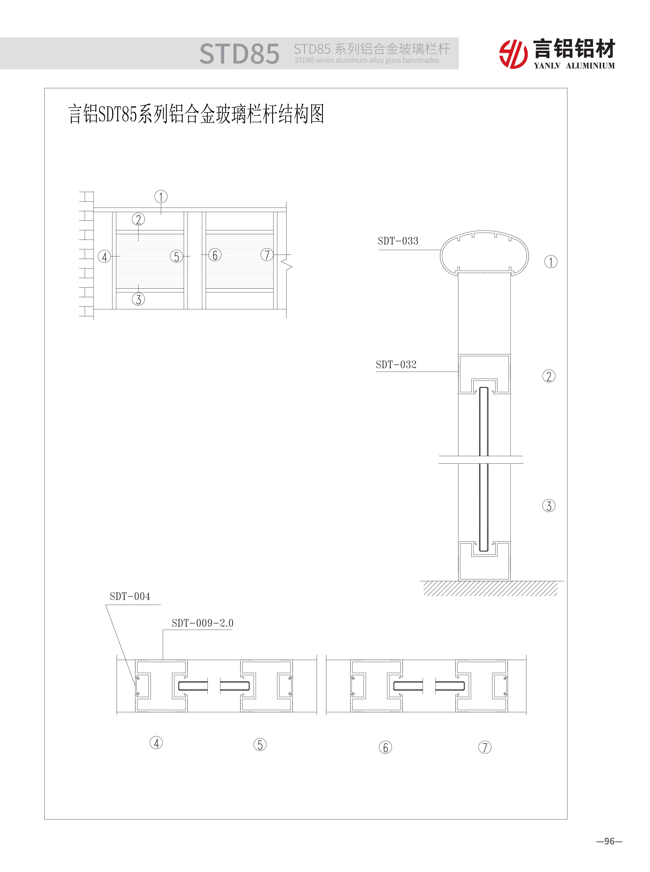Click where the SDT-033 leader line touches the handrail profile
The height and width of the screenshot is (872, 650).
tap(441, 250)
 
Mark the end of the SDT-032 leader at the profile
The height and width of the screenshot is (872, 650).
tap(458, 372)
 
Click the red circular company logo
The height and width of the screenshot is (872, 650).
tap(513, 54)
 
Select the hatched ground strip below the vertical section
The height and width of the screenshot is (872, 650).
tap(490, 589)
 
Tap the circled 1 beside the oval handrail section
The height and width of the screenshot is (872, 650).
tap(551, 262)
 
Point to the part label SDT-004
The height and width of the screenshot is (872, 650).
tap(130, 597)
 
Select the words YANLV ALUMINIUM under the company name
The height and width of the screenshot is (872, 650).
tap(574, 66)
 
